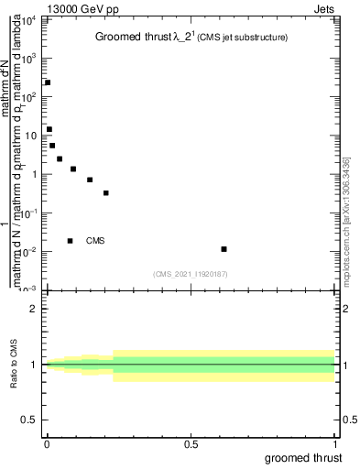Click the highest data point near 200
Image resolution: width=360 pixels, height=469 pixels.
click(x=48, y=82)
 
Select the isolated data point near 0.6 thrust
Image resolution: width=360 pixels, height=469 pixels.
click(x=224, y=248)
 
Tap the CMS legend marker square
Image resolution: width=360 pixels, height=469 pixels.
click(x=70, y=241)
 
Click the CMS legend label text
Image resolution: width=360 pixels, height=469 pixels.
click(x=95, y=241)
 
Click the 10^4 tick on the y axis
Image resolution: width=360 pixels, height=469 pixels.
click(x=30, y=19)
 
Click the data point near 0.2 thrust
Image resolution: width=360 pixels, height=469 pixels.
click(x=106, y=192)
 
